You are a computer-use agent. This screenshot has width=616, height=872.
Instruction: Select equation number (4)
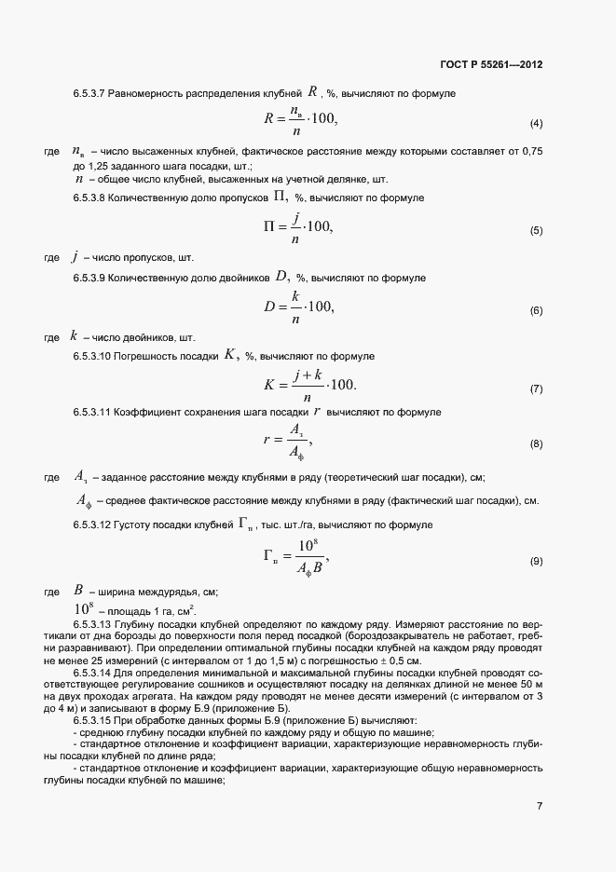536,124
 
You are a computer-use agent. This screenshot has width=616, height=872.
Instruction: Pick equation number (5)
536,230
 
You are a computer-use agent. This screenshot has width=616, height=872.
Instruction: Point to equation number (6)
536,310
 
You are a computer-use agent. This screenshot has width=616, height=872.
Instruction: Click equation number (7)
536,388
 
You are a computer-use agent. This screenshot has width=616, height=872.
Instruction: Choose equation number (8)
536,444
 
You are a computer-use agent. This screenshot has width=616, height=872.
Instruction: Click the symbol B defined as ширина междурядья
78,591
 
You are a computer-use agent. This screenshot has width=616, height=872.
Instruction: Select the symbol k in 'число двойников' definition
74,335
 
